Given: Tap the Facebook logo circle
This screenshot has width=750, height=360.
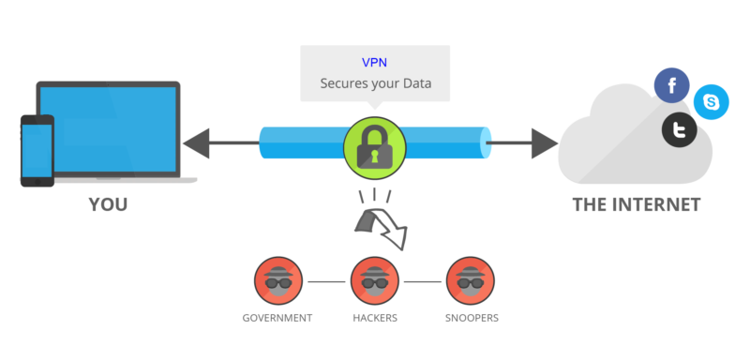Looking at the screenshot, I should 671,86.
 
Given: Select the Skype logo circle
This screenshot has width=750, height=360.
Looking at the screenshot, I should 712,101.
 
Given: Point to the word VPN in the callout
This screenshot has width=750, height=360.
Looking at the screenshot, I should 374,63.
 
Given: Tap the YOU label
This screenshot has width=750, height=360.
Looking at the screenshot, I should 108,204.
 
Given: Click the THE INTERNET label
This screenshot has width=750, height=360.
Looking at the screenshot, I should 637,204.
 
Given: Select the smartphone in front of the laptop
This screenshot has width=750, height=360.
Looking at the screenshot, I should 37,151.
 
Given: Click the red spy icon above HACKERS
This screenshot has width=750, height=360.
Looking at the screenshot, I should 374,280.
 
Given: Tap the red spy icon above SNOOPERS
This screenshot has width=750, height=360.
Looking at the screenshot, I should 471,280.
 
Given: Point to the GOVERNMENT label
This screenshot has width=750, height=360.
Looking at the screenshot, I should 277,319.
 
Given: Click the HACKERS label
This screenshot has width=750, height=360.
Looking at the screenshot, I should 374,319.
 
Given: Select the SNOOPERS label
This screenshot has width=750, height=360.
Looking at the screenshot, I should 471,319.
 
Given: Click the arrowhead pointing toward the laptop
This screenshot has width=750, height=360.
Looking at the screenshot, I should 195,144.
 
